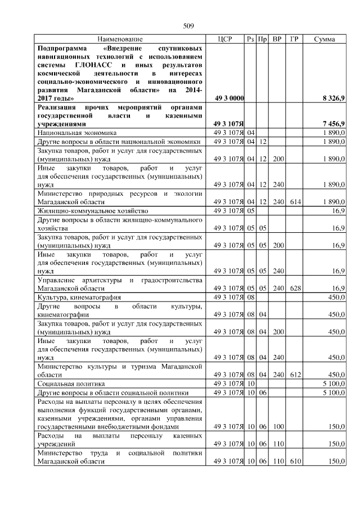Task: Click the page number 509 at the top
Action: pyautogui.click(x=188, y=26)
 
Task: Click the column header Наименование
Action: pyautogui.click(x=120, y=39)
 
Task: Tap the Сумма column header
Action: pyautogui.click(x=325, y=39)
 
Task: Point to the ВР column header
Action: pyautogui.click(x=277, y=39)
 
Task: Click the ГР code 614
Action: pyautogui.click(x=294, y=201)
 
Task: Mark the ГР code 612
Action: pyautogui.click(x=294, y=374)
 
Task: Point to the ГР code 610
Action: pyautogui.click(x=294, y=461)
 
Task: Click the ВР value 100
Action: pyautogui.click(x=277, y=427)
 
